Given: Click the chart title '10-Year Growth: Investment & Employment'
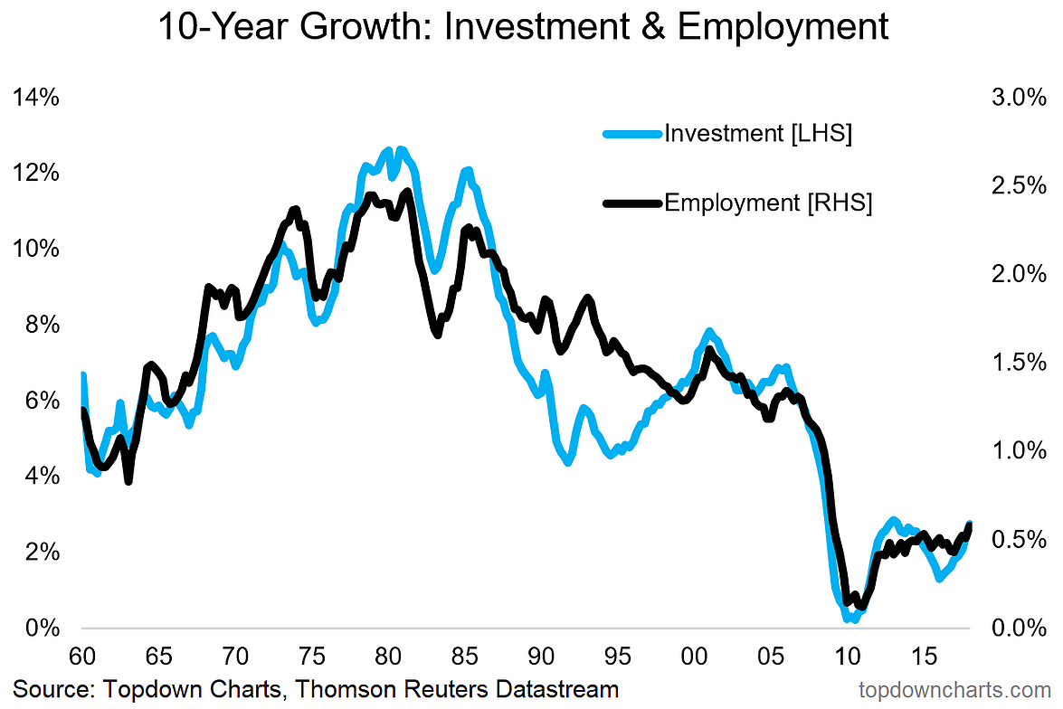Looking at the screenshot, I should click(x=523, y=27).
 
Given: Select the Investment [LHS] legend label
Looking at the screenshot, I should click(x=758, y=134).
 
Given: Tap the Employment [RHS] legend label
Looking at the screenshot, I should click(x=768, y=203).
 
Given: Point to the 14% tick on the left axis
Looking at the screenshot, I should click(x=36, y=98).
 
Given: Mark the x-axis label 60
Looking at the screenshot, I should click(x=82, y=655).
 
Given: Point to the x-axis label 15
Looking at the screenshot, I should click(x=924, y=655).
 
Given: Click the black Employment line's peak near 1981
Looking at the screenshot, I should click(x=406, y=192).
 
